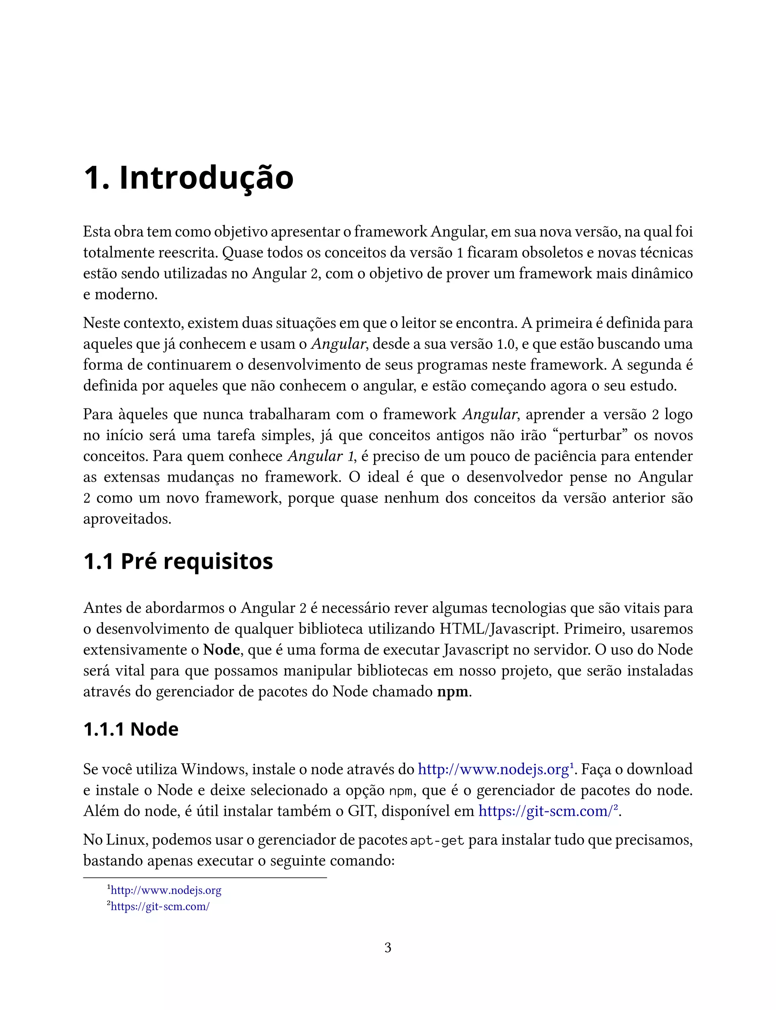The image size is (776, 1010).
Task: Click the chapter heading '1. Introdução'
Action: [188, 178]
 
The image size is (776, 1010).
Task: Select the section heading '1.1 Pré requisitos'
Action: [178, 561]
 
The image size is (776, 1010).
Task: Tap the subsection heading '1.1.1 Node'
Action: [131, 729]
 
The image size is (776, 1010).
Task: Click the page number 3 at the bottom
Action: [388, 947]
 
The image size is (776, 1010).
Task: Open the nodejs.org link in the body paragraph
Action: [493, 769]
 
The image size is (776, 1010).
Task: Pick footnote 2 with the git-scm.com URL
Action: [160, 906]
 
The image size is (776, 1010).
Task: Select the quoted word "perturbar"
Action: [590, 435]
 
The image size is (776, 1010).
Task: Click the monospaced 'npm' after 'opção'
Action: [400, 791]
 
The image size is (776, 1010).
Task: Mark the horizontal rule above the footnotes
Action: [205, 877]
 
